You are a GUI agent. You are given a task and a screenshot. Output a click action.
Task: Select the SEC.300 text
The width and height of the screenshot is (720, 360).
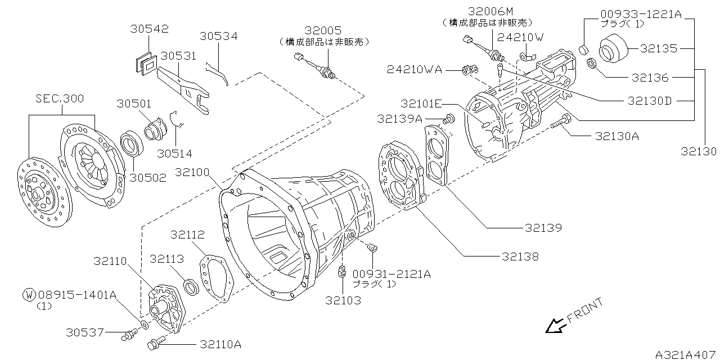[x=60, y=98]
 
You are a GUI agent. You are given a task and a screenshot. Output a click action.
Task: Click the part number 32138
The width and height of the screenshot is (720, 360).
[x=520, y=256]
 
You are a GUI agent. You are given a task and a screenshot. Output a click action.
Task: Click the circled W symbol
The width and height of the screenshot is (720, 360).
[x=29, y=294]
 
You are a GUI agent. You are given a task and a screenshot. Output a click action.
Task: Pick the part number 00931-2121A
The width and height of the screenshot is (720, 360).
[x=391, y=274]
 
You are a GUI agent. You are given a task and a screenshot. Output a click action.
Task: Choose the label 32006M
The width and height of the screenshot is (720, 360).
[x=490, y=11]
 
